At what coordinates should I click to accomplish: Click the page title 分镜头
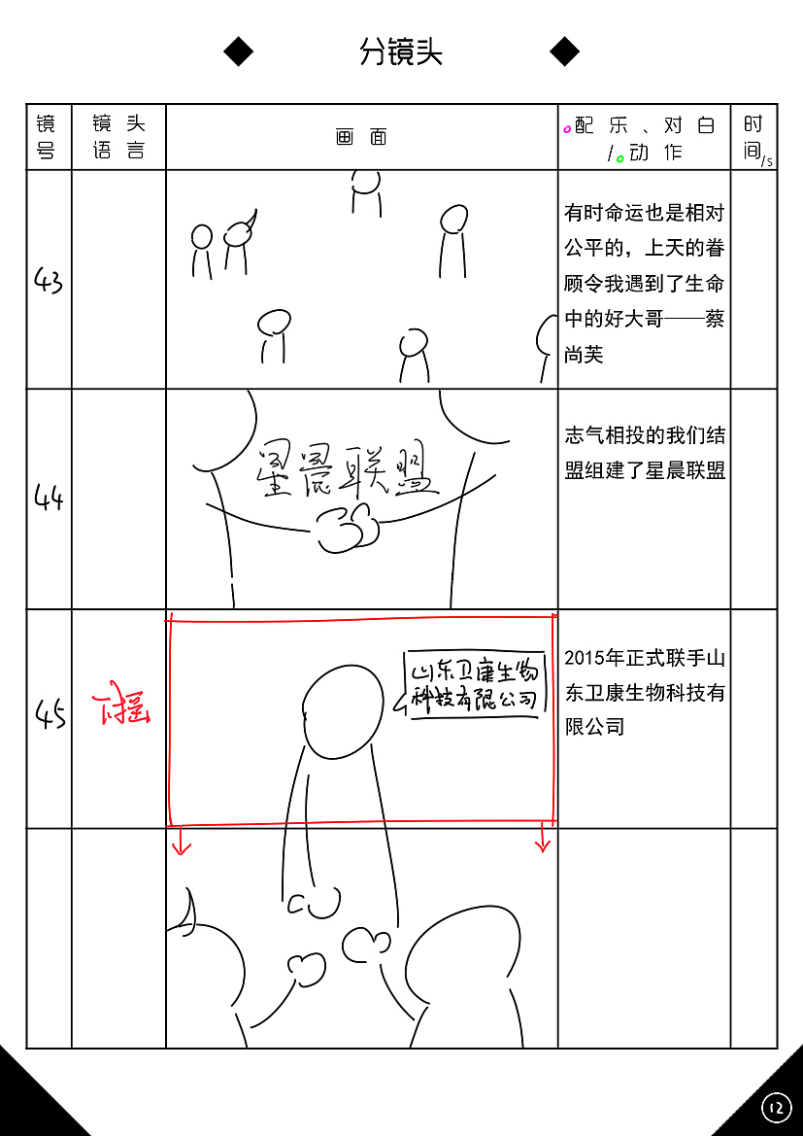[401, 52]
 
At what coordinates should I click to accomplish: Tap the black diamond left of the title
[238, 52]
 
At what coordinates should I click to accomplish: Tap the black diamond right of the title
[564, 52]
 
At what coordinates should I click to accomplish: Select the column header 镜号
[47, 137]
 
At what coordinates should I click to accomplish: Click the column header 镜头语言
[118, 137]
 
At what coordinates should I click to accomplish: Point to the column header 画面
[361, 137]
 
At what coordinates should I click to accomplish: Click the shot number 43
[49, 282]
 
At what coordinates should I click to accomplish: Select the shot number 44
[49, 499]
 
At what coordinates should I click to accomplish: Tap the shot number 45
[50, 717]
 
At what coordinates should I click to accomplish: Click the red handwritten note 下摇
[121, 711]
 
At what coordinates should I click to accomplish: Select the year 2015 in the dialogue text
[585, 659]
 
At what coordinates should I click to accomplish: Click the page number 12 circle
[776, 1107]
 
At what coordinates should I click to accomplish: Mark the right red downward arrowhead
[543, 844]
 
